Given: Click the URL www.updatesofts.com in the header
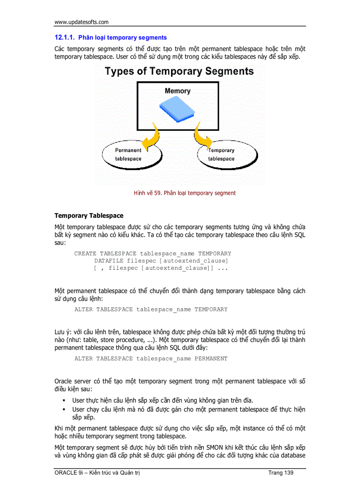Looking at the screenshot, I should [x=81, y=22].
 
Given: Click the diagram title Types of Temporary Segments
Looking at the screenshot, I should [x=179, y=71].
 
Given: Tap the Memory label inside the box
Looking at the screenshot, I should [x=177, y=91].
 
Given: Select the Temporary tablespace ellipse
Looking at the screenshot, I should [x=227, y=155].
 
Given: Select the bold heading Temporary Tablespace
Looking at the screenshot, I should [x=89, y=216].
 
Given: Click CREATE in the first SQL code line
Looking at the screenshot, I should [x=85, y=253].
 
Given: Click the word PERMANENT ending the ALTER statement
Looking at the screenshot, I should [x=211, y=358].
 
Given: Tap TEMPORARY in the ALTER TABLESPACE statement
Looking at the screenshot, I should [x=211, y=309].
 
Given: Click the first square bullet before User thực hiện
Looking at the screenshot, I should [x=64, y=400].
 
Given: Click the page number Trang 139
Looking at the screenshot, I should [x=281, y=473].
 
